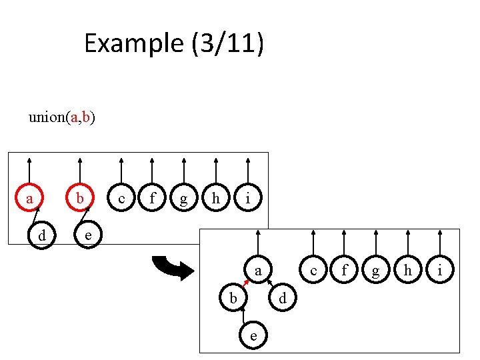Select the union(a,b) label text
tap(61, 118)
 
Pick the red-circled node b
tap(80, 198)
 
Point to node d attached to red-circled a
tap(42, 235)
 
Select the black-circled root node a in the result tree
tap(258, 271)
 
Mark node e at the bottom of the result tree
tap(253, 336)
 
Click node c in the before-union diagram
tap(121, 198)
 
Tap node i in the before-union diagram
tap(248, 198)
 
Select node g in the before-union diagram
tap(184, 198)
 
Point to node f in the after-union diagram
tap(345, 271)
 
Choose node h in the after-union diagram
tap(408, 271)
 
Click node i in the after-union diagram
tap(441, 271)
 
